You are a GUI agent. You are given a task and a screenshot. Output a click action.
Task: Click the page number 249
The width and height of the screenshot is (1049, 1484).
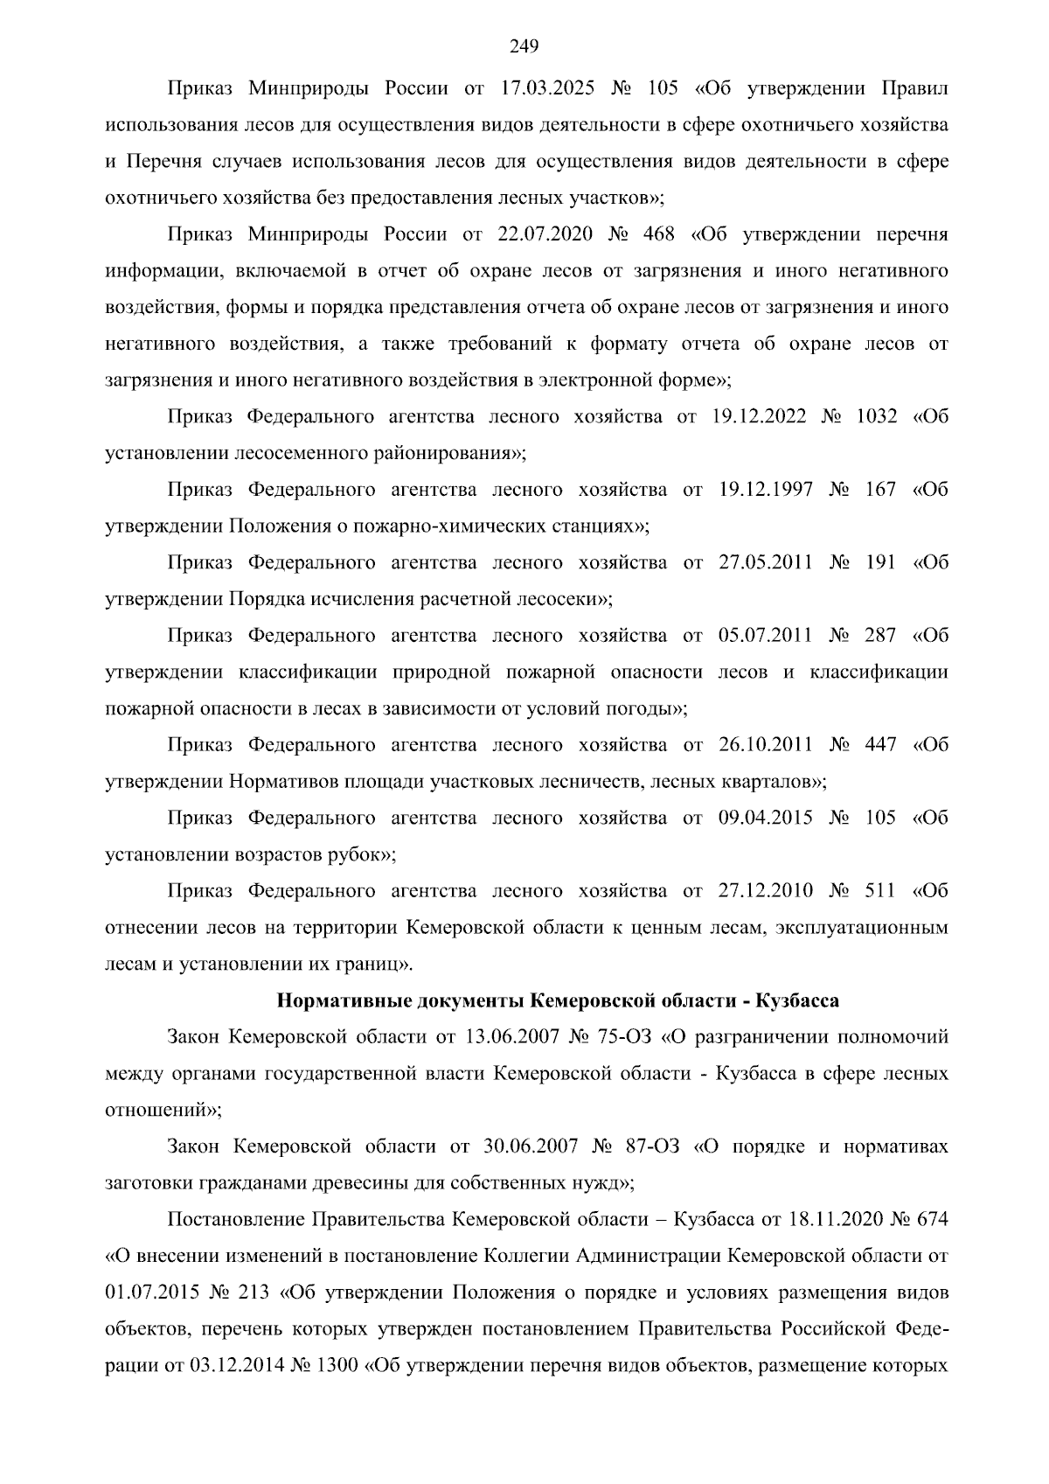(x=524, y=46)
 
